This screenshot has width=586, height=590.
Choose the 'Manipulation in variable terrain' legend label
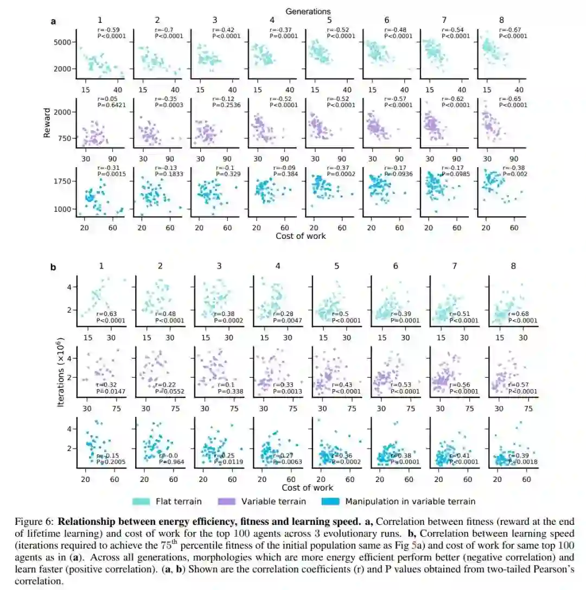pyautogui.click(x=410, y=501)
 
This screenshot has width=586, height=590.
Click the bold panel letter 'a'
pyautogui.click(x=53, y=21)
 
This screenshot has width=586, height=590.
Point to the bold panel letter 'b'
pyautogui.click(x=53, y=267)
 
